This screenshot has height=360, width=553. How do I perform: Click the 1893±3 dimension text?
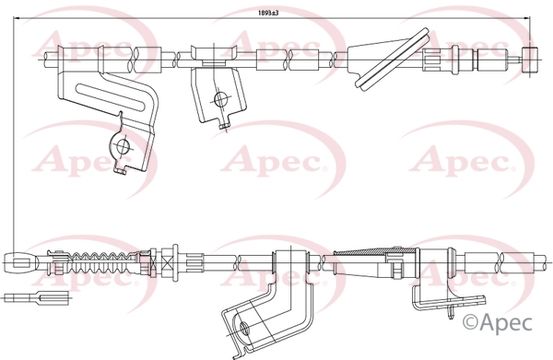pos(269,13)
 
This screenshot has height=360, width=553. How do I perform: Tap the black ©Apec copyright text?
pos(497,322)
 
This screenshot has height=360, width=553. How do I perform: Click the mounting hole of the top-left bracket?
pos(123,146)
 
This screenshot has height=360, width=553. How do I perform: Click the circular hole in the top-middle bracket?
pos(221,99)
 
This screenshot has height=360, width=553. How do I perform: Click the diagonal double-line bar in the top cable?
pos(392,60)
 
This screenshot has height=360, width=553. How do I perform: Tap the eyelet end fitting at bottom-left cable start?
pos(21,262)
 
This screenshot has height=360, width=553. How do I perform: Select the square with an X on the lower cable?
pos(166,262)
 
